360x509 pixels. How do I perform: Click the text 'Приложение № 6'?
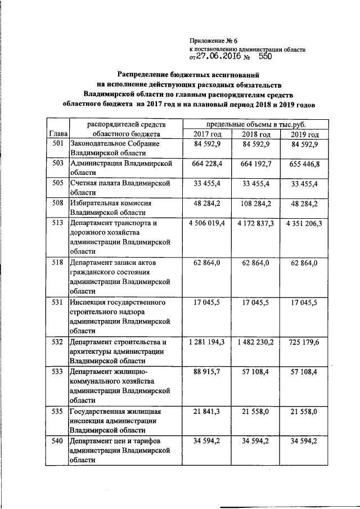[215, 40]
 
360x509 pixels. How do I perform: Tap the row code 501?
[56, 145]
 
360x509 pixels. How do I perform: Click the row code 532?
[56, 342]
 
